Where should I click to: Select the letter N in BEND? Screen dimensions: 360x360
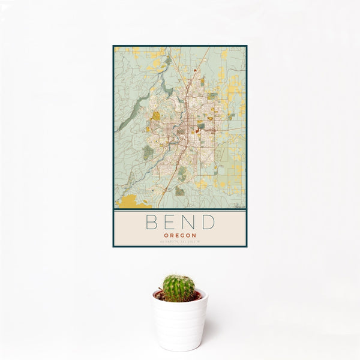pos(188,222)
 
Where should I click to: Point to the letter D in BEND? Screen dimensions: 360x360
pos(209,222)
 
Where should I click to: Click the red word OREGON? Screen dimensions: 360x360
pos(179,235)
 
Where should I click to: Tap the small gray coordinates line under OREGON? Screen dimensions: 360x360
pos(179,241)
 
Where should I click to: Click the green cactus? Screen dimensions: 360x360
pos(179,288)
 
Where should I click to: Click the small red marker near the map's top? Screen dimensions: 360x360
pos(195,71)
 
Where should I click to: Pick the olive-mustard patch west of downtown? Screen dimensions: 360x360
pos(156,116)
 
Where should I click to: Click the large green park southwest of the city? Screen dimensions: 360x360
pos(148,152)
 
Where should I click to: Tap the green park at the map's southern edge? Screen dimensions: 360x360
pos(179,191)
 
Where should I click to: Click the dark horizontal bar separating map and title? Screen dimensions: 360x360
pos(179,209)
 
